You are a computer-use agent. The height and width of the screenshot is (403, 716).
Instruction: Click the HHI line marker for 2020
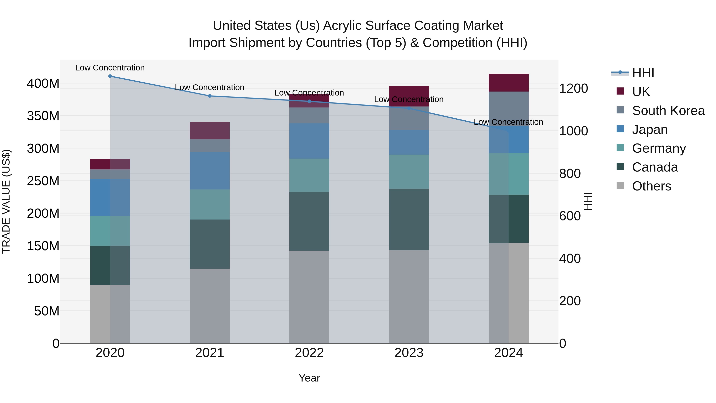point(110,76)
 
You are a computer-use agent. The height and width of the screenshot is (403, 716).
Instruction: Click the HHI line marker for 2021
point(210,96)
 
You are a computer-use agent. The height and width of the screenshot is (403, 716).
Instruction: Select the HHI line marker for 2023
point(409,108)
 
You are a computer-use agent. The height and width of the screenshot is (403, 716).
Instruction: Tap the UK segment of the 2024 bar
point(508,83)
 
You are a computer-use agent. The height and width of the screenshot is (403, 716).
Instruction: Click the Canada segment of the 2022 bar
point(309,221)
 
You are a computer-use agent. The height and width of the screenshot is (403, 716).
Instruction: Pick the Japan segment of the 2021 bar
point(210,171)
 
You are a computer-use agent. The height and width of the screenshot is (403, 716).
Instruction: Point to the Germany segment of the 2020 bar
point(110,231)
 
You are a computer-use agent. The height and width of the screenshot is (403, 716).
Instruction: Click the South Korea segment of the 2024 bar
point(508,108)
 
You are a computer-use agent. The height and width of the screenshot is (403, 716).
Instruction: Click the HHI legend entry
point(643,73)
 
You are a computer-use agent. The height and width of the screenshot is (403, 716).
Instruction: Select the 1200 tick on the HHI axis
point(573,88)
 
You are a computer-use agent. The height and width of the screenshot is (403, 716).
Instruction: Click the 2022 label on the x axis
point(309,353)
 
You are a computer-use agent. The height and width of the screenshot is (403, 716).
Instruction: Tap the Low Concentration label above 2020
point(110,68)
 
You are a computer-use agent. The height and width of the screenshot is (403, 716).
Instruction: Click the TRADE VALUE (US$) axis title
point(6,201)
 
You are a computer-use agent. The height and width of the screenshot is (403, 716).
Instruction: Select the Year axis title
point(309,378)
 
